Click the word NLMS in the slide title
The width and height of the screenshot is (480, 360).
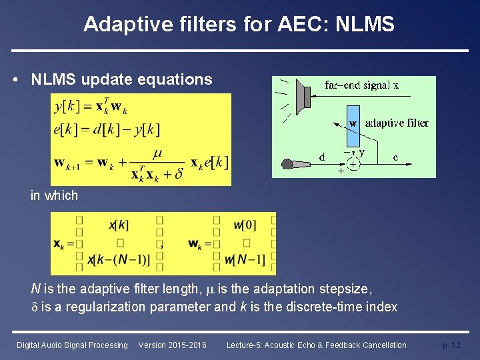366,25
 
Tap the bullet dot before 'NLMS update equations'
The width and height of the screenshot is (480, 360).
15,80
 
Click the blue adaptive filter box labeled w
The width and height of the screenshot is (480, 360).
353,123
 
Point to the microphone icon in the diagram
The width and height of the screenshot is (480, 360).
289,165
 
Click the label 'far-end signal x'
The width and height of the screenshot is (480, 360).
361,85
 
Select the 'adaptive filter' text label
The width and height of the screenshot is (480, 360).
397,123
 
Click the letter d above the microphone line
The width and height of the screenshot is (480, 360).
322,157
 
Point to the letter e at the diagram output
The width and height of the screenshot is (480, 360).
396,157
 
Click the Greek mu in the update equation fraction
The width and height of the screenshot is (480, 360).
157,154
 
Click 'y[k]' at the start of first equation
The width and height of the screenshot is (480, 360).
66,106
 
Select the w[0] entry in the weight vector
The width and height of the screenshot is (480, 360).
245,225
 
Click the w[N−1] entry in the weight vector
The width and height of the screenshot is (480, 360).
245,259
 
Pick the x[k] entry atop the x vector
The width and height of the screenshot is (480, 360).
119,225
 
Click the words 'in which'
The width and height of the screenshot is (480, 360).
54,195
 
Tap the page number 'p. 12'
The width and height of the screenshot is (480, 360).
451,345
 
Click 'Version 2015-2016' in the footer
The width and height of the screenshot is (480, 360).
172,345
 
